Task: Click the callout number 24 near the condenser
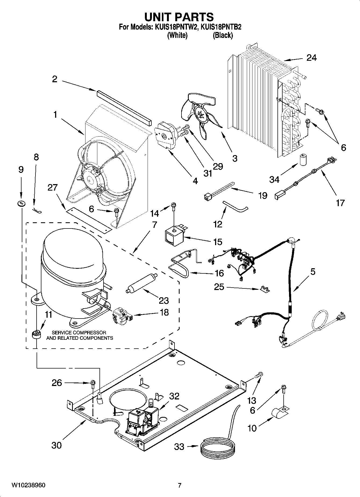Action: (311, 58)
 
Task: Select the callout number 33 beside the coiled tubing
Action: (179, 447)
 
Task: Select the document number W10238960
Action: (28, 485)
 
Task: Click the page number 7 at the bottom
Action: (180, 485)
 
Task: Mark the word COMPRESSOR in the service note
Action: (90, 332)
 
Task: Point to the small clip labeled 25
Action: (265, 289)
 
